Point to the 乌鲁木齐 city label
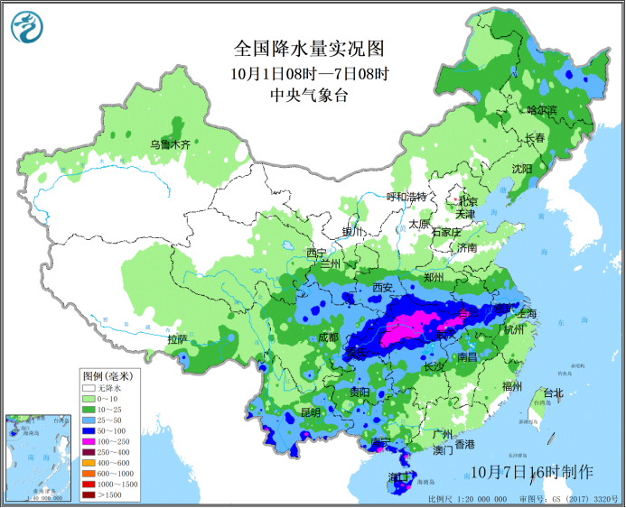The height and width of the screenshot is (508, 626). [x=171, y=144]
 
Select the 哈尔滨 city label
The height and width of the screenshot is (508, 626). [x=542, y=110]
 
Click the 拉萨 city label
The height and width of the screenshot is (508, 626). [x=177, y=339]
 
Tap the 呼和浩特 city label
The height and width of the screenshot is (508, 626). [x=406, y=197]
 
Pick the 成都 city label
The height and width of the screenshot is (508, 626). [x=328, y=337]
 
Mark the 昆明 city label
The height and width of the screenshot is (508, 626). [x=310, y=411]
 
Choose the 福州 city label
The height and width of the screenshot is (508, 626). [x=512, y=386]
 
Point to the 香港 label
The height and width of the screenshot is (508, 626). [x=464, y=444]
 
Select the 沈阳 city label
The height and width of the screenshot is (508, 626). [x=522, y=168]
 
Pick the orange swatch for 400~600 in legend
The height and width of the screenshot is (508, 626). [x=89, y=463]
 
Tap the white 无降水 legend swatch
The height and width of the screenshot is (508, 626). [x=89, y=386]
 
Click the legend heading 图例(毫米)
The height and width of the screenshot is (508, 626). [x=107, y=375]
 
